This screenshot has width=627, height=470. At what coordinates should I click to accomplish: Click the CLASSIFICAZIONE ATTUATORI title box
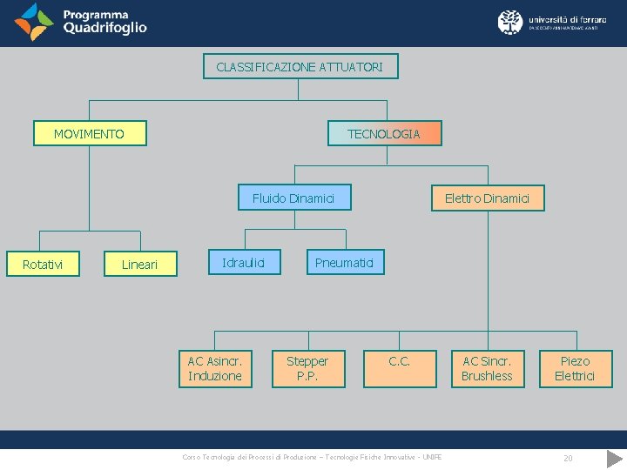pyautogui.click(x=300, y=66)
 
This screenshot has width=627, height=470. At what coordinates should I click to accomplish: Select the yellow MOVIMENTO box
pyautogui.click(x=89, y=134)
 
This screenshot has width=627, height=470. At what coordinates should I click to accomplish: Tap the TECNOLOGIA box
pyautogui.click(x=383, y=133)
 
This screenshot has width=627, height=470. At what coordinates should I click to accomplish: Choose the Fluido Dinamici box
pyautogui.click(x=293, y=198)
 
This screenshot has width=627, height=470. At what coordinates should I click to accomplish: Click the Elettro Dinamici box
pyautogui.click(x=487, y=198)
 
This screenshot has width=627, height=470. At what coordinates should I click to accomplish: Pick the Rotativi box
pyautogui.click(x=42, y=264)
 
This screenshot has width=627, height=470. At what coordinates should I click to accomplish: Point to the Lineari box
pyautogui.click(x=139, y=264)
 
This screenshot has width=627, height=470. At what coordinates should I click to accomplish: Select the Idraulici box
pyautogui.click(x=243, y=262)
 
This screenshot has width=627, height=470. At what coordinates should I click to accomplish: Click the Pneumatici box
pyautogui.click(x=344, y=262)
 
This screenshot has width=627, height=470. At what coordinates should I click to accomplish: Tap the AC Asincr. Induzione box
pyautogui.click(x=215, y=368)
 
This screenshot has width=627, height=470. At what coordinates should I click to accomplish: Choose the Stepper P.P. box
pyautogui.click(x=307, y=368)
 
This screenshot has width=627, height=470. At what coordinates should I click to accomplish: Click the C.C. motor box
pyautogui.click(x=400, y=368)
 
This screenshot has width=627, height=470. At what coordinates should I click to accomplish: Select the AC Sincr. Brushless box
pyautogui.click(x=487, y=368)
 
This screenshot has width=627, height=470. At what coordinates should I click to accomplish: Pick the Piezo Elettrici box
pyautogui.click(x=575, y=368)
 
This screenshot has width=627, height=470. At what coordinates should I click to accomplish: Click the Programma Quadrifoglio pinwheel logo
pyautogui.click(x=33, y=22)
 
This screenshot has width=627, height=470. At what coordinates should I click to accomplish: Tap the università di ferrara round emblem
pyautogui.click(x=510, y=22)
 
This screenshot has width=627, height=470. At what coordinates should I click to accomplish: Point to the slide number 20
pyautogui.click(x=568, y=458)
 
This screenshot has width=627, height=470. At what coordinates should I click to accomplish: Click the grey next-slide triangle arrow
pyautogui.click(x=615, y=458)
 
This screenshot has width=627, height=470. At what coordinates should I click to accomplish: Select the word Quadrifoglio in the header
pyautogui.click(x=105, y=28)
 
